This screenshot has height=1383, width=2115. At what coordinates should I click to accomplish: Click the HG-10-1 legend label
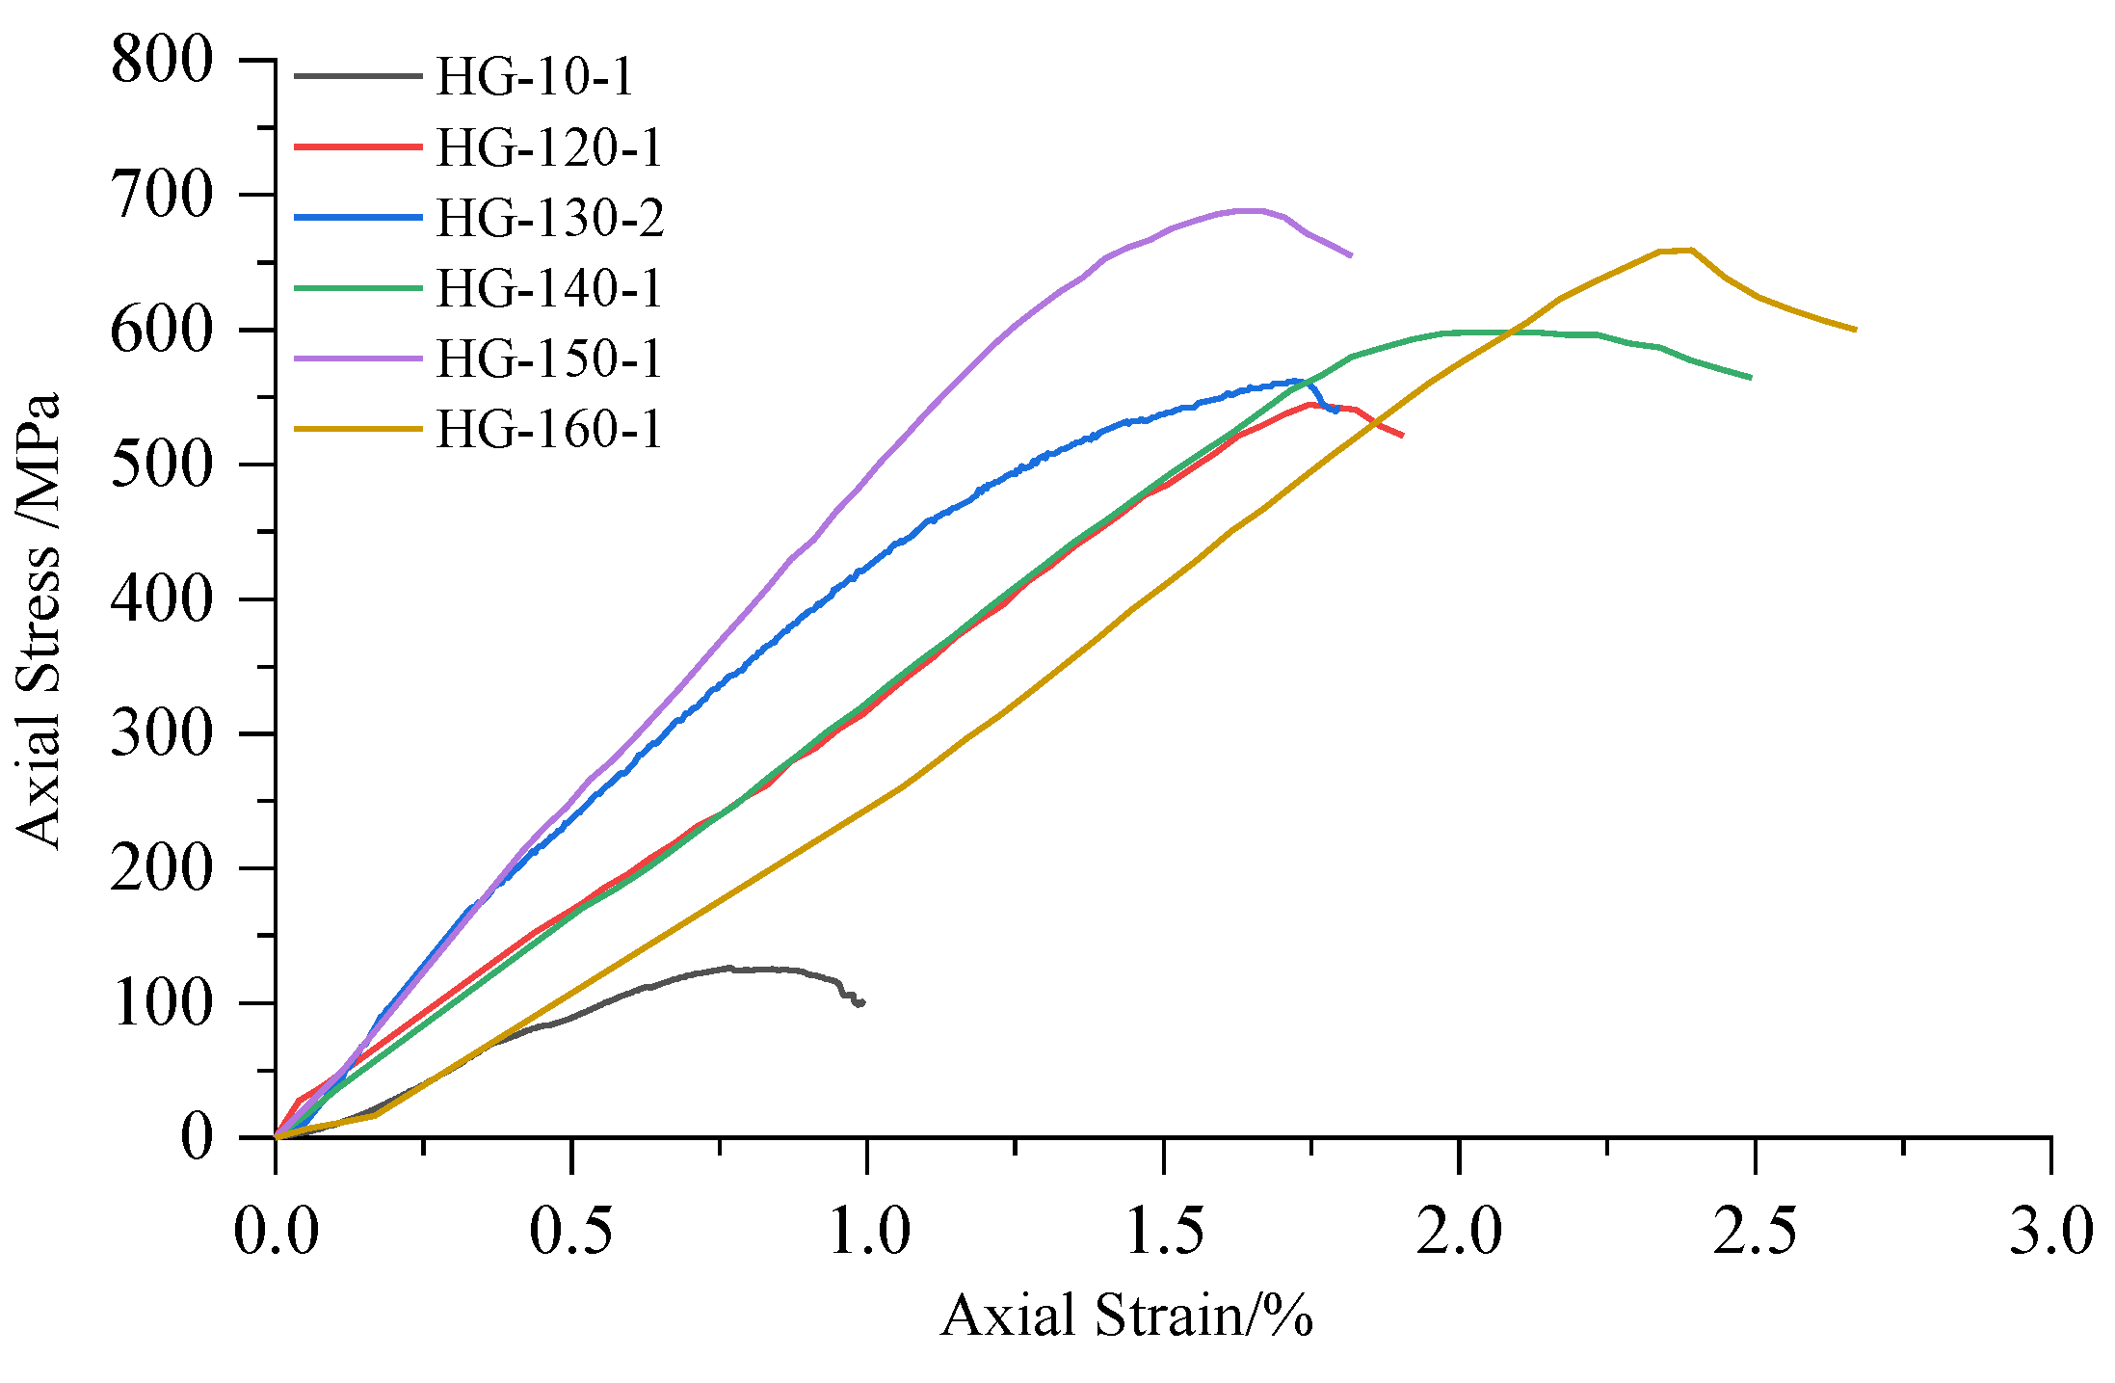535,76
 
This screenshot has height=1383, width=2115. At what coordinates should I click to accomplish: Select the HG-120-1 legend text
549,147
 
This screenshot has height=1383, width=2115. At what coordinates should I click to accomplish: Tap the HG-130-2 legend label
549,218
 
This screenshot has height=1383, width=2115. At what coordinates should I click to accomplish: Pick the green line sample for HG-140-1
358,288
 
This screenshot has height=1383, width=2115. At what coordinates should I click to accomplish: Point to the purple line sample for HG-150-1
358,359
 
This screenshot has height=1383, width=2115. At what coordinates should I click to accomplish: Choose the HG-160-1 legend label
549,429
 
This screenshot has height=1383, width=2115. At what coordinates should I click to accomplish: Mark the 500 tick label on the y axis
161,465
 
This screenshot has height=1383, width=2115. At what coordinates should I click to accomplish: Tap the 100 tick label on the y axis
161,1003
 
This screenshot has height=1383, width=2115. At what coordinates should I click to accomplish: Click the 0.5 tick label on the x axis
571,1232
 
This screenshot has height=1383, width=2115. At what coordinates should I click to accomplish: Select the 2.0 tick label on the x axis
1459,1232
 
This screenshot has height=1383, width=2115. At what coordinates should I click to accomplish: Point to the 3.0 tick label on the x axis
2050,1232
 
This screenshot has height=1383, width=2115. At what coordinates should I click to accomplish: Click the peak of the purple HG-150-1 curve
1248,210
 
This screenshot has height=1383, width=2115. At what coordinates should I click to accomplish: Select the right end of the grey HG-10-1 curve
862,1002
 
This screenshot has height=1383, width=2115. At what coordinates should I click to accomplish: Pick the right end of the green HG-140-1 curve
1750,377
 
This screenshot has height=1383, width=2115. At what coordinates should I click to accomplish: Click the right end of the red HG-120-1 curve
1402,436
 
